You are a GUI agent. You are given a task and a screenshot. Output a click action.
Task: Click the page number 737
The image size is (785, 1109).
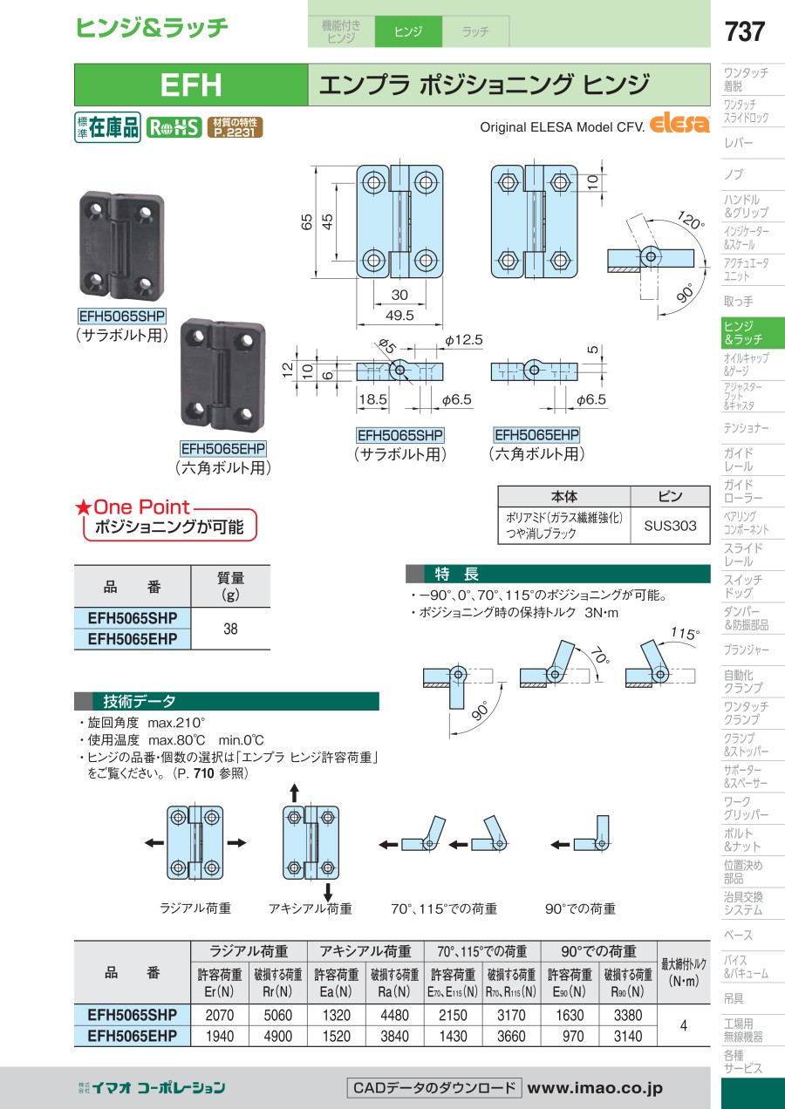click(x=744, y=31)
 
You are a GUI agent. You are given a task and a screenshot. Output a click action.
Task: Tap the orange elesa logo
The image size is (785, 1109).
click(x=679, y=124)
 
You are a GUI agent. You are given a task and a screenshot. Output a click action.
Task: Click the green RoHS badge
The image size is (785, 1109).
click(x=173, y=127)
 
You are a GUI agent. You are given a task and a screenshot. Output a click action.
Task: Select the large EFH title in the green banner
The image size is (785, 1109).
click(x=191, y=85)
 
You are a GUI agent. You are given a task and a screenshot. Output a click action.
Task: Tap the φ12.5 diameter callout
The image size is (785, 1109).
click(x=463, y=340)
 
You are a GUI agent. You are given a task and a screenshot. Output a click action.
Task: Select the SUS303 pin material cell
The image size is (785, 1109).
click(x=670, y=526)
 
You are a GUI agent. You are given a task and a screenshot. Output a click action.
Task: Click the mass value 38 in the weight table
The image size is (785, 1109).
click(x=230, y=628)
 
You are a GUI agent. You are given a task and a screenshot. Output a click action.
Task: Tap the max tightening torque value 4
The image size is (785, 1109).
click(x=683, y=1026)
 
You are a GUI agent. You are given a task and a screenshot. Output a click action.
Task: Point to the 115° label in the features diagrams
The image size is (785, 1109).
click(x=685, y=634)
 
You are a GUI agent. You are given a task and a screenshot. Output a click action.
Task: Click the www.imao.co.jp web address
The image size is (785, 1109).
click(x=595, y=1088)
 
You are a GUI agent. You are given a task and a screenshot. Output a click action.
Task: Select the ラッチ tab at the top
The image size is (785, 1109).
click(x=475, y=32)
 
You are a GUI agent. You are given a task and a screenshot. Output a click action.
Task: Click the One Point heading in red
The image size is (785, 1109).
click(x=141, y=507)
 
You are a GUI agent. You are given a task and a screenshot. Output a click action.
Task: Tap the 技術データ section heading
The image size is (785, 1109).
click(x=140, y=701)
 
